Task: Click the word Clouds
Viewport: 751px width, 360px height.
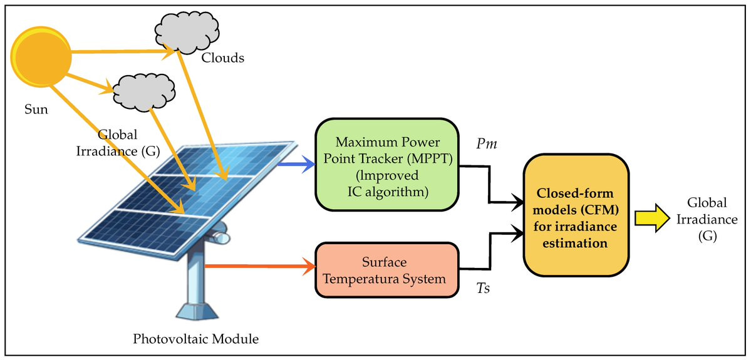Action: pos(222,58)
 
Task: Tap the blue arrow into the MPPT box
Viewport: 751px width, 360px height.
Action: pos(295,165)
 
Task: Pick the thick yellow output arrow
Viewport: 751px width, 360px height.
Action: pos(651,217)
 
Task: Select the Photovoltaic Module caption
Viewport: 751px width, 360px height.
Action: pos(196,339)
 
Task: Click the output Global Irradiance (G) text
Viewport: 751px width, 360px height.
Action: pos(707,220)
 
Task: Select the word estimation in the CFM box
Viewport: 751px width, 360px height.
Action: pos(576,242)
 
